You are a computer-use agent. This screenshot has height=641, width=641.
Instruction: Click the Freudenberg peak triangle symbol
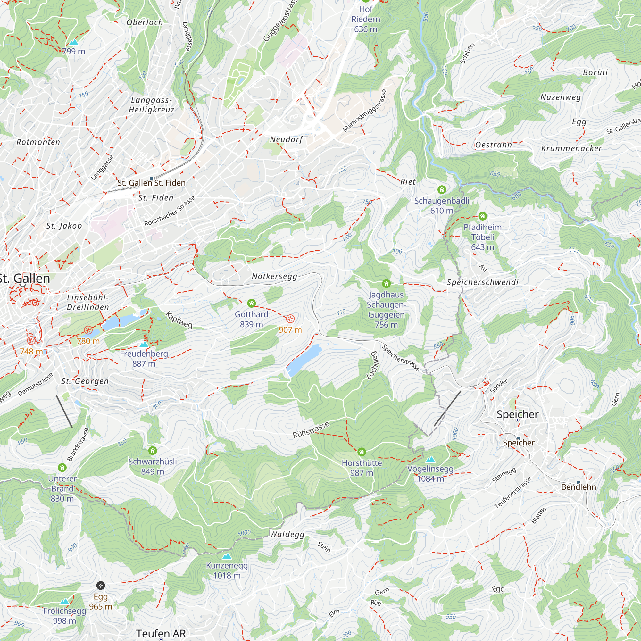click(x=144, y=345)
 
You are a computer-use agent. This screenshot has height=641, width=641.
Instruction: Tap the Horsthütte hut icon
click(x=362, y=452)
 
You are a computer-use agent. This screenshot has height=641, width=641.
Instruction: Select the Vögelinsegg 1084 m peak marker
click(x=430, y=460)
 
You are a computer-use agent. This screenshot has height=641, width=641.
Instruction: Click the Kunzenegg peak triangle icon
click(x=227, y=556)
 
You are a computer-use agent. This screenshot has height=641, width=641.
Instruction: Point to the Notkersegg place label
click(x=274, y=276)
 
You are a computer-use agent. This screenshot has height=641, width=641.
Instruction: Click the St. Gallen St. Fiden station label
click(x=152, y=183)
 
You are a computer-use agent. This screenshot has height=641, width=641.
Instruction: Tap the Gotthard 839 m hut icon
click(x=252, y=303)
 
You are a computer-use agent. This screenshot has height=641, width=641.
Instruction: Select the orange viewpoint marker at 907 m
click(x=290, y=319)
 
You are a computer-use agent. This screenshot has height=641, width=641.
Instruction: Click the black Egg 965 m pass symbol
click(x=101, y=586)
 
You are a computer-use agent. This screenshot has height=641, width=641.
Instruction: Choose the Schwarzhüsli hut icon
click(x=153, y=451)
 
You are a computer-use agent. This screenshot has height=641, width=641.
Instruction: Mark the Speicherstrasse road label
click(x=400, y=358)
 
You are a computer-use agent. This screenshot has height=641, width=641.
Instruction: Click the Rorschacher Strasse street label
click(x=170, y=211)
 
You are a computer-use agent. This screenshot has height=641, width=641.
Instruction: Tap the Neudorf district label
click(x=286, y=139)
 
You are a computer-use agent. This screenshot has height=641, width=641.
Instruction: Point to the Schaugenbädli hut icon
click(x=442, y=190)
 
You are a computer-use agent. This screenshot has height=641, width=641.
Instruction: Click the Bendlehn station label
click(x=579, y=487)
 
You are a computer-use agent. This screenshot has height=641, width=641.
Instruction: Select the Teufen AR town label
click(x=161, y=633)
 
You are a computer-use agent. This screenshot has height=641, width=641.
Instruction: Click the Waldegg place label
click(x=287, y=534)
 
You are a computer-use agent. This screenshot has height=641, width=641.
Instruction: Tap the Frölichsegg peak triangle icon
click(x=64, y=602)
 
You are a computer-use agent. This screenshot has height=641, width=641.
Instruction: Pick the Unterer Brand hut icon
click(x=62, y=468)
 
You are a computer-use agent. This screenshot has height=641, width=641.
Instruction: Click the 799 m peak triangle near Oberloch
click(x=73, y=42)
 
